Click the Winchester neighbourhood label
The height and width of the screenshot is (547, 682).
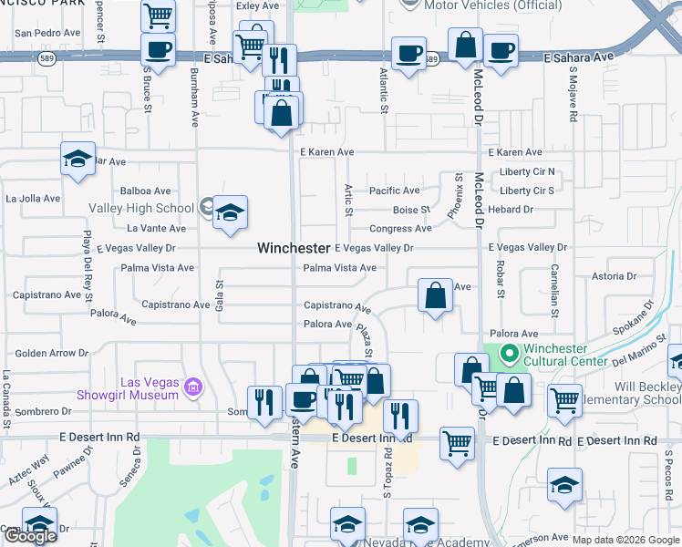(x=293, y=248)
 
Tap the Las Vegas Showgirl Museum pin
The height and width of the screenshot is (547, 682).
(x=192, y=388)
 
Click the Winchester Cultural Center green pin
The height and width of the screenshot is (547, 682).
(x=509, y=353)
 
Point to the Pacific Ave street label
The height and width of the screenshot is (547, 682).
(x=394, y=191)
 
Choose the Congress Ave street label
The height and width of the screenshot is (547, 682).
(x=400, y=229)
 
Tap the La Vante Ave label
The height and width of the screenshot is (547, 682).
(x=156, y=229)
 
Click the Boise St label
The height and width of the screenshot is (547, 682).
(x=411, y=210)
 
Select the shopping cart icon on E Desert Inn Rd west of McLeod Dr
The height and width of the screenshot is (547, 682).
(x=457, y=443)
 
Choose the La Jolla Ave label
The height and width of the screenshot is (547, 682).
(x=32, y=198)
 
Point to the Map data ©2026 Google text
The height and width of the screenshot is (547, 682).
(x=625, y=540)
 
